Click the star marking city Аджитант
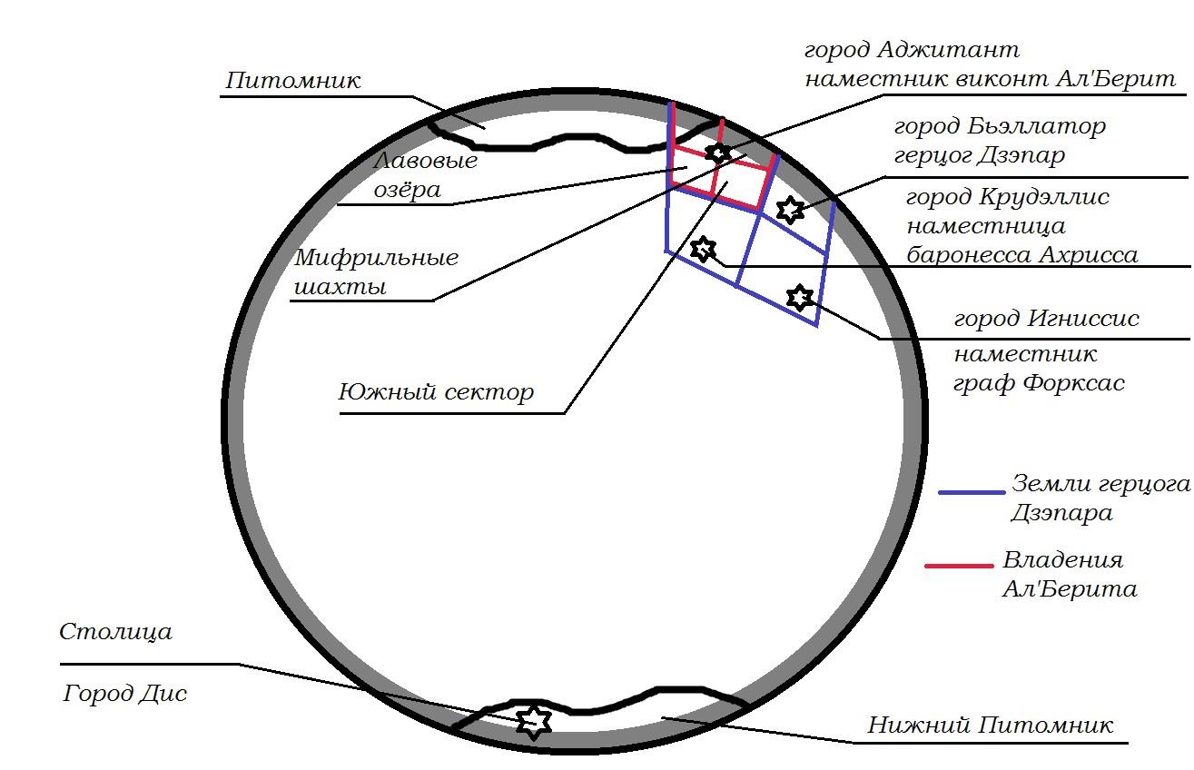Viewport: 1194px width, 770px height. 718,153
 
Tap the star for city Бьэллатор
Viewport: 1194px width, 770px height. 789,210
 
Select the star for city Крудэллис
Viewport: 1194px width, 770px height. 703,249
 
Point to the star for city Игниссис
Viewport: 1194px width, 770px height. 799,297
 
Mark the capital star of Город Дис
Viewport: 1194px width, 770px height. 534,721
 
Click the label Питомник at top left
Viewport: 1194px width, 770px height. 292,80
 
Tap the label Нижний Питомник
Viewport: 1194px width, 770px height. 990,726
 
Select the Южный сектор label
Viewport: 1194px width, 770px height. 436,392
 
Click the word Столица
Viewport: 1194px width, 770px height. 115,632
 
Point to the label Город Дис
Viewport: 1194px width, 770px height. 125,695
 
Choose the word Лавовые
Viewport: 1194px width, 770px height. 426,162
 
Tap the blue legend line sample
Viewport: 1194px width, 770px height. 972,492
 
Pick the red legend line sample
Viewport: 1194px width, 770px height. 959,566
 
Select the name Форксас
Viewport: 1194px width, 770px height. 1073,383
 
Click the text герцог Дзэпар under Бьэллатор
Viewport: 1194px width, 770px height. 979,155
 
